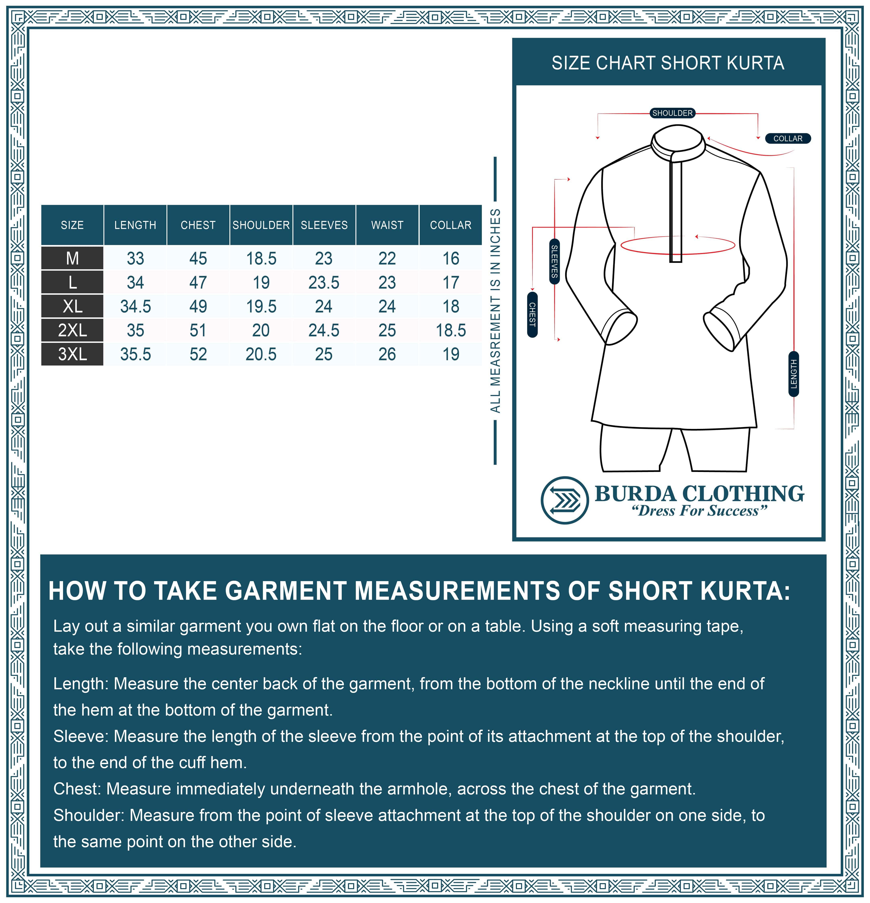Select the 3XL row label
[x=72, y=354]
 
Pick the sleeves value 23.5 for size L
[x=324, y=282]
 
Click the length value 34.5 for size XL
[x=136, y=306]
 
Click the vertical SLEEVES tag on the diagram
[x=555, y=261]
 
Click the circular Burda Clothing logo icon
[x=564, y=500]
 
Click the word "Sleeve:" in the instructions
[x=81, y=736]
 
